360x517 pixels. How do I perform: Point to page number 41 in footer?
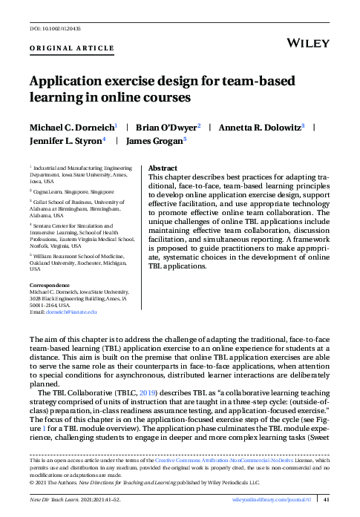(x=327, y=500)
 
